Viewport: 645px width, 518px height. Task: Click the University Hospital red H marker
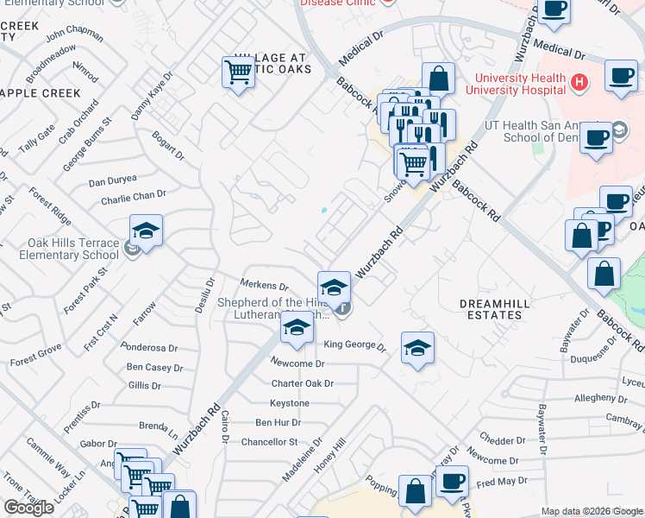click(x=579, y=83)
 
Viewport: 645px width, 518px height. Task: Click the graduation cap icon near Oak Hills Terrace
click(x=147, y=231)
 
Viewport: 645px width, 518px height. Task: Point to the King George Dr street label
click(x=354, y=345)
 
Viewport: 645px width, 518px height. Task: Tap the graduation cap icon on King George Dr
click(x=417, y=347)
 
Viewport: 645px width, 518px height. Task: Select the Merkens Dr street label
click(x=264, y=286)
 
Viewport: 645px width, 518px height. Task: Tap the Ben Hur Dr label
click(x=278, y=422)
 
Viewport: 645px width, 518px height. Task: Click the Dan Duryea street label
click(x=113, y=181)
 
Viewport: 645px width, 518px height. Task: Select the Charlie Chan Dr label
click(x=133, y=198)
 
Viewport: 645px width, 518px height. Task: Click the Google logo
click(x=28, y=508)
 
